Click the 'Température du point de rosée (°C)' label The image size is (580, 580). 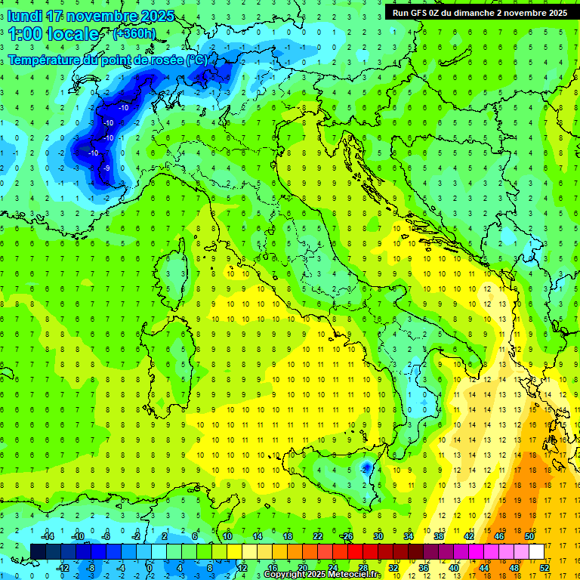click(x=107, y=60)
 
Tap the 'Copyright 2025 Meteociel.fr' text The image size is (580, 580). click(x=322, y=575)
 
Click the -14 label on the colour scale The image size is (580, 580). click(x=46, y=536)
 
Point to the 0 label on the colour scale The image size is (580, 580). click(x=150, y=567)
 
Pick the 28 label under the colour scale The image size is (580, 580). click(x=363, y=567)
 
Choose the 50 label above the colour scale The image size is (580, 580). click(x=529, y=536)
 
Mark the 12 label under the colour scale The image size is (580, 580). click(x=242, y=567)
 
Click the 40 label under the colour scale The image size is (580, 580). click(x=453, y=567)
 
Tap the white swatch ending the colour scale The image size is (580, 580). click(x=536, y=551)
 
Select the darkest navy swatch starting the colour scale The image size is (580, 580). click(x=39, y=551)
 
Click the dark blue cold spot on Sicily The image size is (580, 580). click(x=366, y=468)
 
